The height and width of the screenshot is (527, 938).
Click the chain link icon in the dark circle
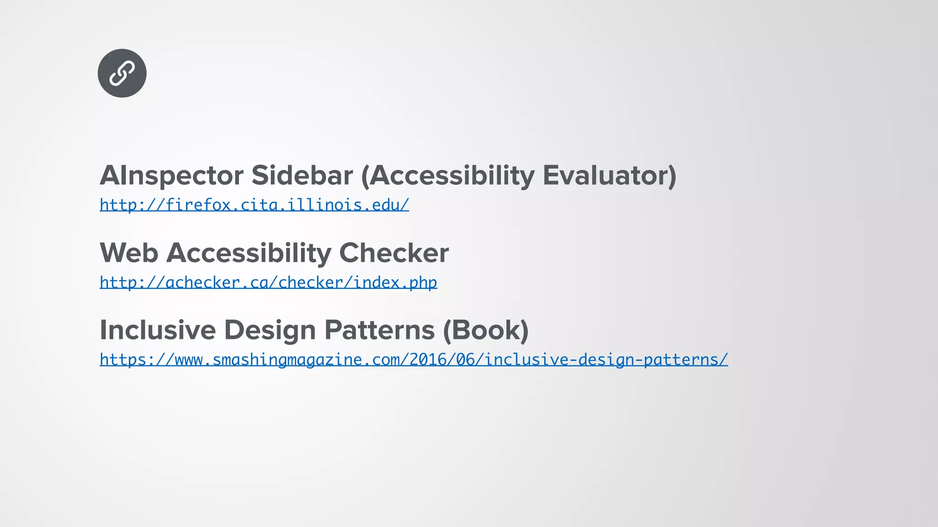click(x=122, y=73)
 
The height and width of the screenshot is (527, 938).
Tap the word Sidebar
click(x=302, y=175)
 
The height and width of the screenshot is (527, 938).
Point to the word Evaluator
click(x=609, y=175)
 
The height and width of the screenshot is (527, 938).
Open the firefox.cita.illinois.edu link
click(x=254, y=205)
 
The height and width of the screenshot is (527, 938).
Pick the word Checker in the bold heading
click(x=394, y=253)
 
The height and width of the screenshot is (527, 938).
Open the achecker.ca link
click(x=268, y=283)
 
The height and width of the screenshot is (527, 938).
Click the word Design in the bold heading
click(x=270, y=330)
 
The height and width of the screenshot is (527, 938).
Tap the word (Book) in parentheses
click(x=485, y=330)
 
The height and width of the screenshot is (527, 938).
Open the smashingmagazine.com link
click(x=413, y=360)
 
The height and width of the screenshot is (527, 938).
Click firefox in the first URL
click(x=198, y=205)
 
